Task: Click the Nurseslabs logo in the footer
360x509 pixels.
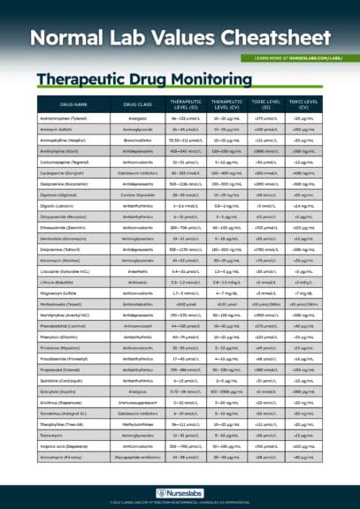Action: [180, 492]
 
